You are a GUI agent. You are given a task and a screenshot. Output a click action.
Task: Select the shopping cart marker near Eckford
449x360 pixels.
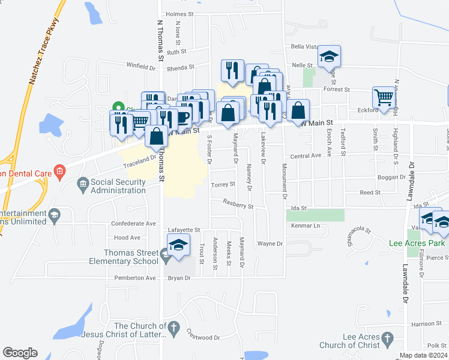(384, 97)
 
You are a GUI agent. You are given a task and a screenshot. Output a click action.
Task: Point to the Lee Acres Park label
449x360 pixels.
(417, 243)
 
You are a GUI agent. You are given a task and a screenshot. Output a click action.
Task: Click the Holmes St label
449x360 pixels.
(180, 14)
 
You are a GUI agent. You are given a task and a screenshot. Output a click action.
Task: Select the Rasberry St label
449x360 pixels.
(238, 205)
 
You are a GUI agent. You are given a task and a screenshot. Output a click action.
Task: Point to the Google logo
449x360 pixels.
(19, 353)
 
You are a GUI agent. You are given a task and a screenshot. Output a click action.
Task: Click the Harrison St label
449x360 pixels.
(426, 324)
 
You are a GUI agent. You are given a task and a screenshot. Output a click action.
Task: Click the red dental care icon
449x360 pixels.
(59, 173)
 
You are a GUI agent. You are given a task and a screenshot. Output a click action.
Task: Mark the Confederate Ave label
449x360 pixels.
(133, 223)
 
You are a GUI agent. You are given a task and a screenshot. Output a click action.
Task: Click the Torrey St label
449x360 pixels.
(223, 185)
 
